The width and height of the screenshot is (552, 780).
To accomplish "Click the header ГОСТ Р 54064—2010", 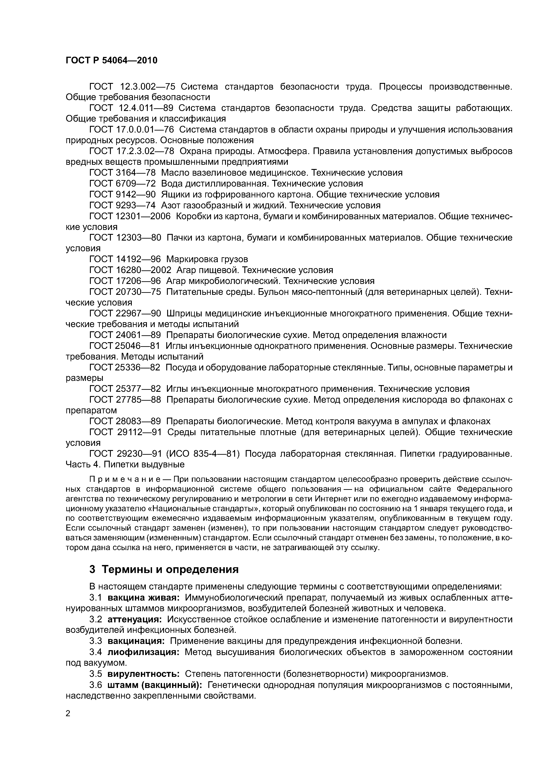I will (112, 60).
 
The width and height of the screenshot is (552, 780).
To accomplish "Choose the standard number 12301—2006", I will (143, 216).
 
